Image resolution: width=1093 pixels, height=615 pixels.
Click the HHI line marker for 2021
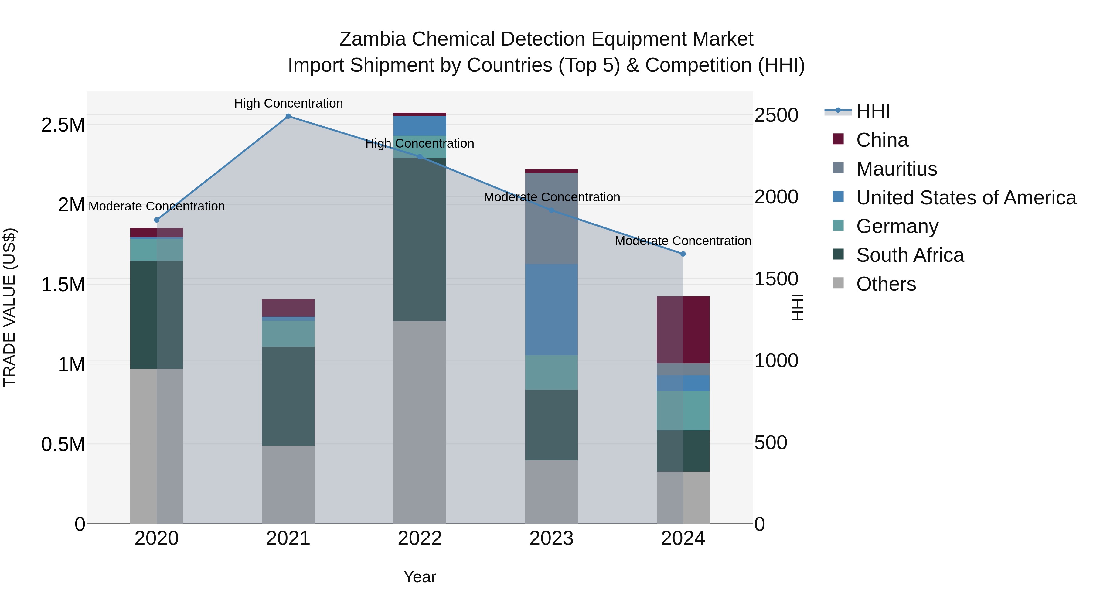pyautogui.click(x=288, y=116)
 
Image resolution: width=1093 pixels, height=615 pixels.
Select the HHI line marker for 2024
pyautogui.click(x=683, y=254)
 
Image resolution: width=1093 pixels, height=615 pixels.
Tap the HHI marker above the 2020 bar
pyautogui.click(x=157, y=220)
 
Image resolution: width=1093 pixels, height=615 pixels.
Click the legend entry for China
pyautogui.click(x=882, y=140)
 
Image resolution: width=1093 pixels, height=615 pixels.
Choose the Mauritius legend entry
pyautogui.click(x=896, y=169)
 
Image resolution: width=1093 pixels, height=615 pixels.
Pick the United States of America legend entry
pyautogui.click(x=966, y=198)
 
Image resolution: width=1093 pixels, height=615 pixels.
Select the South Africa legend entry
pyautogui.click(x=910, y=255)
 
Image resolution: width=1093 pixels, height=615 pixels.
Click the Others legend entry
pyautogui.click(x=886, y=284)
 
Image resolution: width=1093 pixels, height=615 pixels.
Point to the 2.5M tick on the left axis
pyautogui.click(x=63, y=125)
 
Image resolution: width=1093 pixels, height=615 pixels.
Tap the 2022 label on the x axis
pyautogui.click(x=420, y=538)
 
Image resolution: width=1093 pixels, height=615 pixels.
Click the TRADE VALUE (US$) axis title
pyautogui.click(x=9, y=307)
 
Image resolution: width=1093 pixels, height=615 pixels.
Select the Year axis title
pyautogui.click(x=420, y=577)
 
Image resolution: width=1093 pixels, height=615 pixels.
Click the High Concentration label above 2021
pyautogui.click(x=288, y=103)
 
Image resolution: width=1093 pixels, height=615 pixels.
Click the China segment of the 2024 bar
pyautogui.click(x=683, y=330)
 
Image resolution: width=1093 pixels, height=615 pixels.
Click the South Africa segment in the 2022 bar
pyautogui.click(x=420, y=239)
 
